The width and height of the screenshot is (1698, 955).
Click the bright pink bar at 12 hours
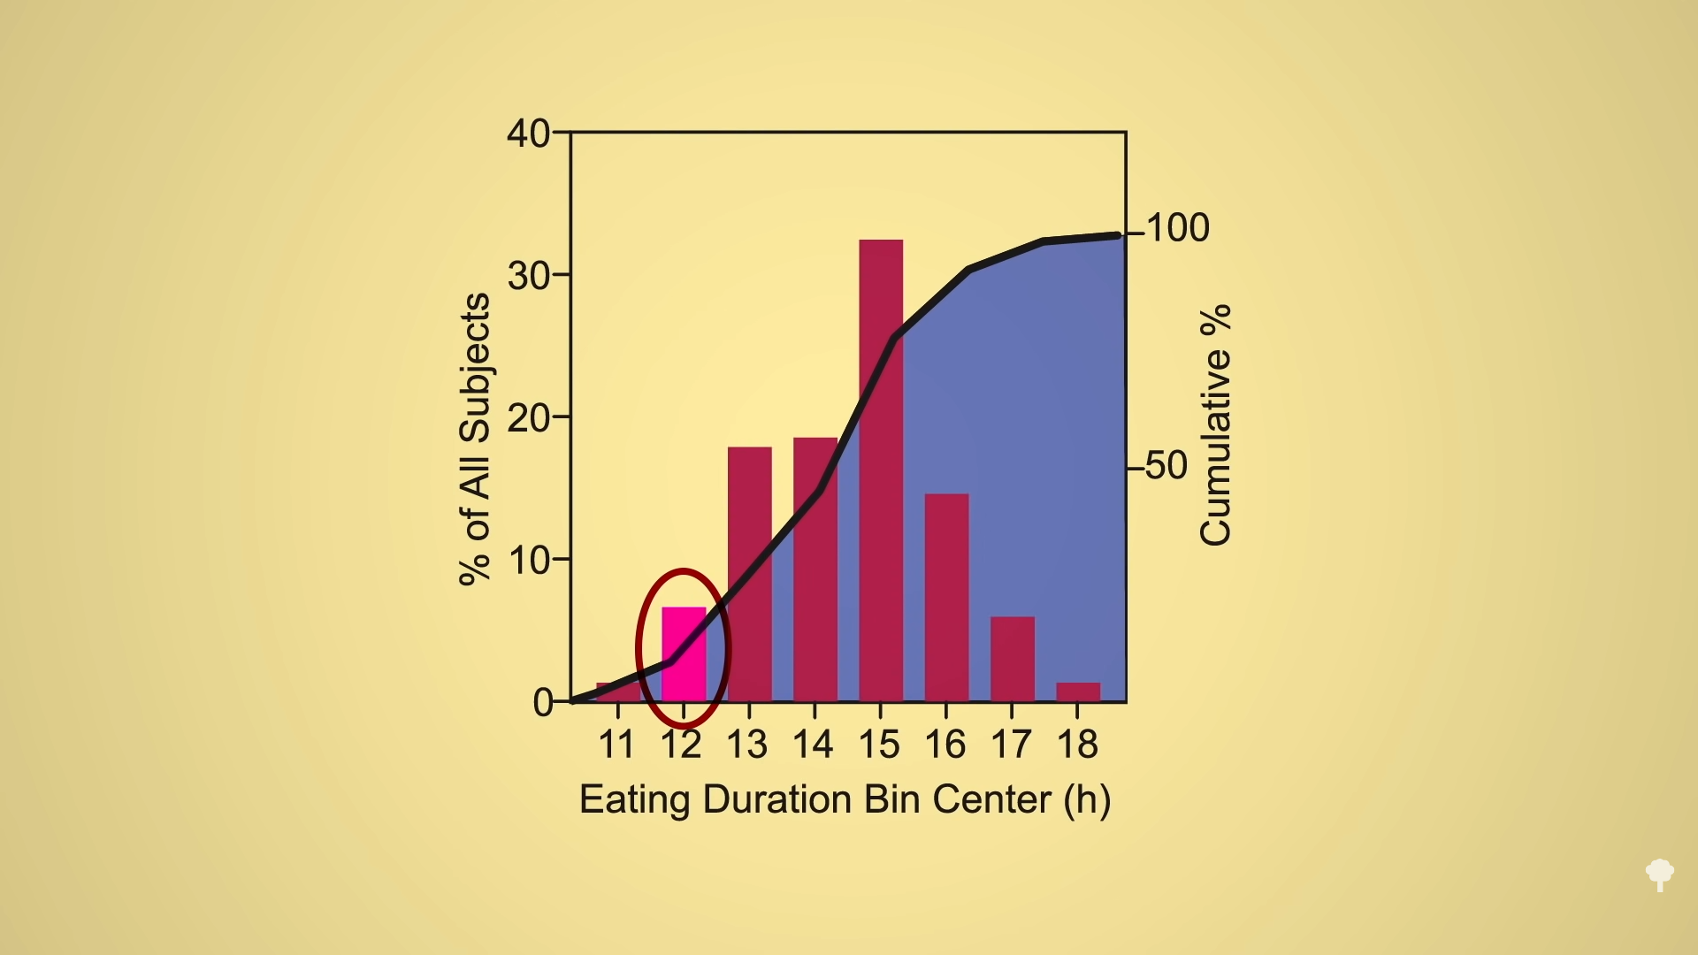click(x=684, y=653)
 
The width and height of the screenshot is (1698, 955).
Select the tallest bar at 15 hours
click(x=881, y=470)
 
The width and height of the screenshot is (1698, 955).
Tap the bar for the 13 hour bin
click(x=750, y=574)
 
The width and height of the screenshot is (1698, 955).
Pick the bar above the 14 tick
click(x=815, y=569)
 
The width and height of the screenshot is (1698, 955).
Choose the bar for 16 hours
click(x=946, y=598)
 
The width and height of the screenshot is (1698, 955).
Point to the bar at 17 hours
click(x=1013, y=659)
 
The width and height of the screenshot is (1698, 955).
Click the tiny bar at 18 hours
click(x=1078, y=691)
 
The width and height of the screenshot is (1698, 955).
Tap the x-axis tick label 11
click(x=616, y=745)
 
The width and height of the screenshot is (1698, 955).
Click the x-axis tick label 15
click(x=879, y=745)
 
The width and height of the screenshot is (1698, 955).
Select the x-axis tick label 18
click(x=1077, y=745)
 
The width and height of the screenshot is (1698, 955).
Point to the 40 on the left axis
click(x=528, y=134)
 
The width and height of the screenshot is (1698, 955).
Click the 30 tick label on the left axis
click(x=528, y=276)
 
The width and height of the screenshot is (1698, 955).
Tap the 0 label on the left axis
click(x=542, y=703)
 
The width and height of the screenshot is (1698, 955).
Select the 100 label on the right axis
click(x=1178, y=228)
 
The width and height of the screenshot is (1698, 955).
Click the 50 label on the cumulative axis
click(x=1166, y=466)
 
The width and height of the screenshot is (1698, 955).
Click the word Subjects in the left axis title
click(x=476, y=367)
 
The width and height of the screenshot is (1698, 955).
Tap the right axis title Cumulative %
click(x=1216, y=424)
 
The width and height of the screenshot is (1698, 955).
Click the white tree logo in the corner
click(x=1660, y=875)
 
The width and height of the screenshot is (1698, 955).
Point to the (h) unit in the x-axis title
click(x=1087, y=800)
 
